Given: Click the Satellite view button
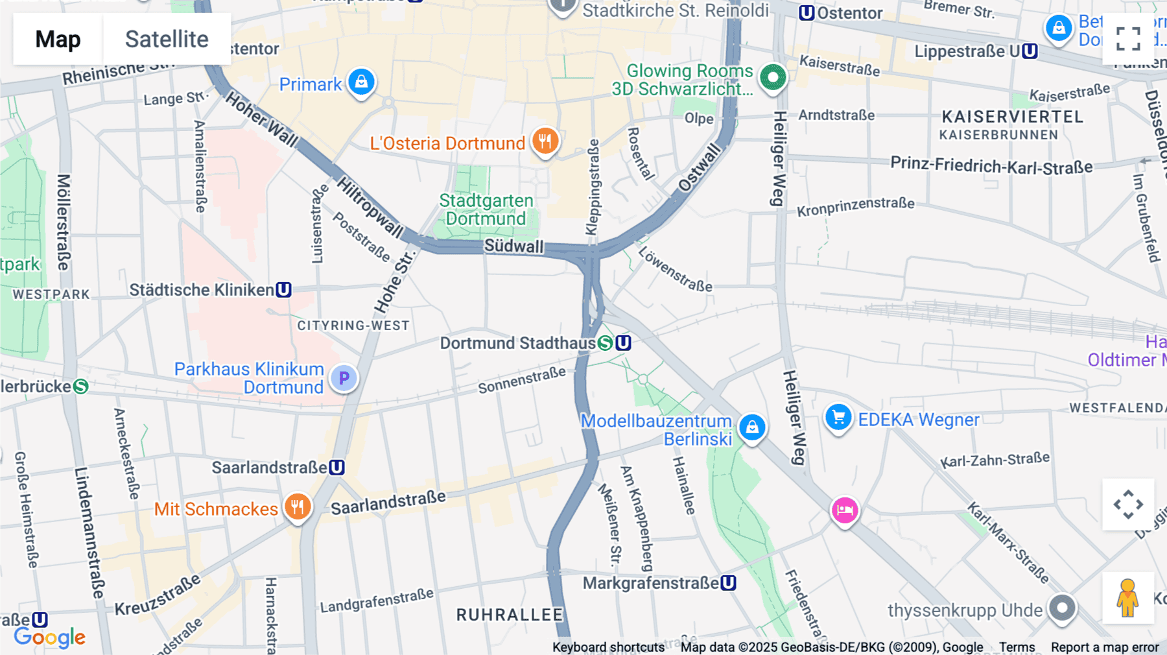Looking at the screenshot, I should [x=167, y=39].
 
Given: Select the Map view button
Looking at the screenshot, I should [x=58, y=39].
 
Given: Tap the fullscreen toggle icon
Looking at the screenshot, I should [x=1128, y=39].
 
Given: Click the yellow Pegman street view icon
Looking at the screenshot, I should [x=1127, y=597].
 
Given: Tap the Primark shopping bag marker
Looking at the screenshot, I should [x=361, y=82].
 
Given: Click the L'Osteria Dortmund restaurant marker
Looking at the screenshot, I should [x=545, y=141].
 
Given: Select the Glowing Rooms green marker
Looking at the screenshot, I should [x=772, y=78].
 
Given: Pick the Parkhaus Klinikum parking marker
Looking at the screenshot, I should [x=344, y=378].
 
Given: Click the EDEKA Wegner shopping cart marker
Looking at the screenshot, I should [x=838, y=418].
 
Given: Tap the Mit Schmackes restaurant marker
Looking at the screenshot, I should [x=298, y=506].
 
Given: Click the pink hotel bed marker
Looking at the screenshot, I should [x=844, y=510].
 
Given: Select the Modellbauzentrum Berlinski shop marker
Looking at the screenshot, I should [x=752, y=427].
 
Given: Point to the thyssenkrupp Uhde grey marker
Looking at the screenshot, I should [x=1062, y=608].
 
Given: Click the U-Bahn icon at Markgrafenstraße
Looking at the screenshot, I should [x=728, y=583].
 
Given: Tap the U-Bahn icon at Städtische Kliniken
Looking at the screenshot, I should [x=283, y=290].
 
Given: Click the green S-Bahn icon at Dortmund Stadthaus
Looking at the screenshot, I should [x=605, y=343].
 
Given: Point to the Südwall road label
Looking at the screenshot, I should [x=513, y=246].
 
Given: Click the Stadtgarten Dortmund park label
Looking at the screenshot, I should [x=486, y=209].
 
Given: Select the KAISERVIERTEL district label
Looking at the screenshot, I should [x=1012, y=117].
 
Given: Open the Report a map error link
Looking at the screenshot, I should [x=1104, y=647].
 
